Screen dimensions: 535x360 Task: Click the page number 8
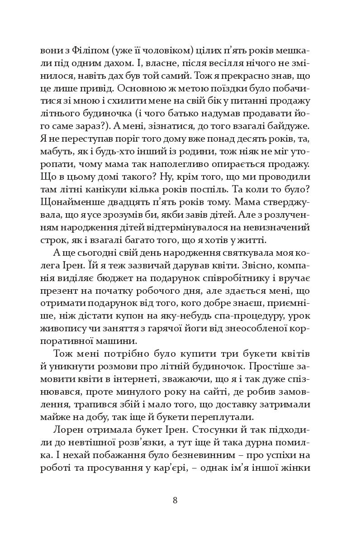pyautogui.click(x=175, y=501)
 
